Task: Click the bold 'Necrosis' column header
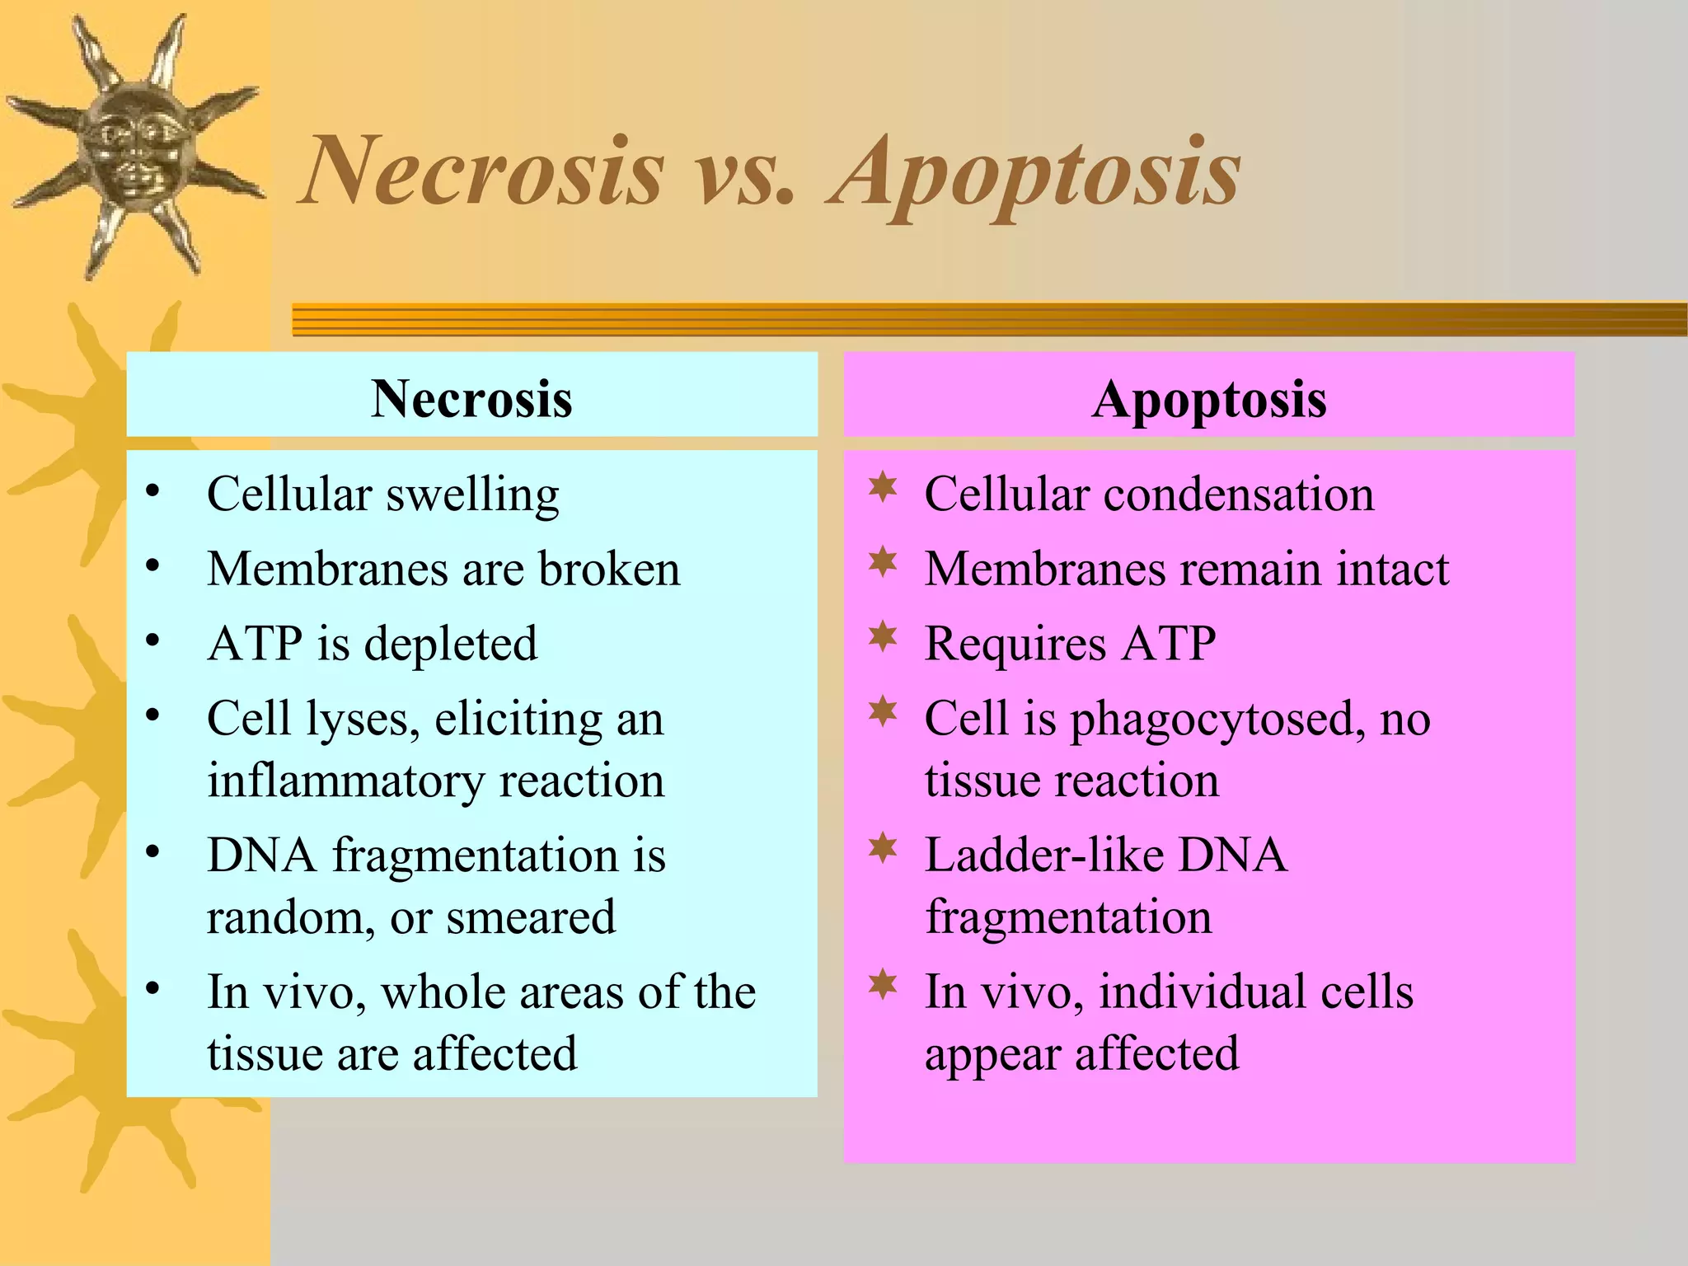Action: [x=471, y=399]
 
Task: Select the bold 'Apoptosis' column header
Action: [x=1209, y=399]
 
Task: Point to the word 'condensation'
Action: [x=1239, y=495]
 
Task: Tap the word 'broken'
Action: [x=609, y=569]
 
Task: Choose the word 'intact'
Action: [x=1392, y=569]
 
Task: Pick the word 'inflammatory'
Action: [x=345, y=781]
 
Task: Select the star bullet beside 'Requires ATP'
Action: [x=883, y=636]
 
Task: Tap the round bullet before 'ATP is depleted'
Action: [x=152, y=640]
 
